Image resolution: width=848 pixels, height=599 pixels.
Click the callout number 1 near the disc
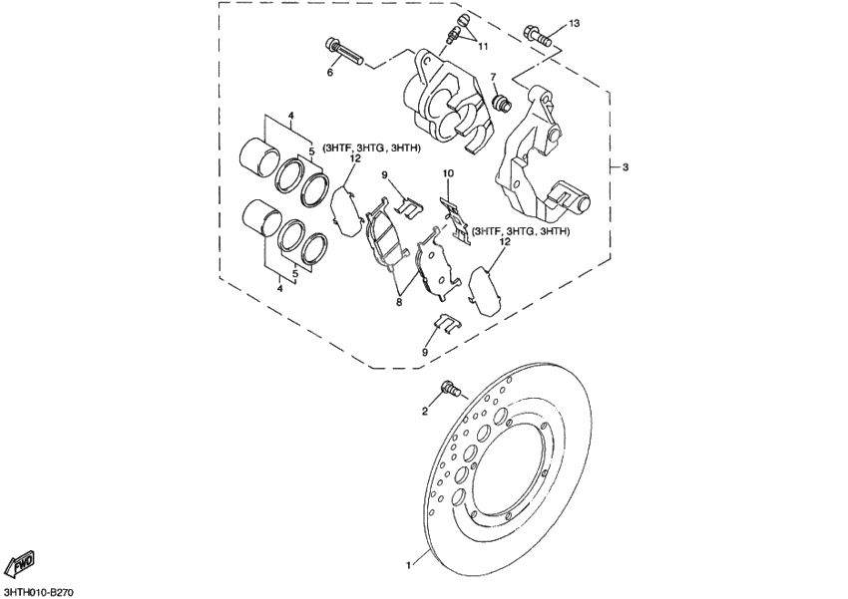pos(408,565)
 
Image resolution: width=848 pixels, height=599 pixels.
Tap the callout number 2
pos(424,411)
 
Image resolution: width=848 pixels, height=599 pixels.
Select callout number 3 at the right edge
pos(626,166)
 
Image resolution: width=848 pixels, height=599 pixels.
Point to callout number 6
pos(330,73)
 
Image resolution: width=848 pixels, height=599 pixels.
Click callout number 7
pos(491,78)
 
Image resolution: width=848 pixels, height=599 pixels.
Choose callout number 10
pos(449,173)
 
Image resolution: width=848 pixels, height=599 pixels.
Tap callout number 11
pos(483,47)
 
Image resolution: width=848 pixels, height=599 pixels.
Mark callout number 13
pos(574,22)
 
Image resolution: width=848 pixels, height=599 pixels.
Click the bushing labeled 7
pos(502,101)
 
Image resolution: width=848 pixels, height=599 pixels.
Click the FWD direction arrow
pos(21,565)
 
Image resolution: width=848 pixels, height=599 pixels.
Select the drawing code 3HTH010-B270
pos(40,592)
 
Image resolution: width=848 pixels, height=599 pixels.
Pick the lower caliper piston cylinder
pos(262,218)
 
